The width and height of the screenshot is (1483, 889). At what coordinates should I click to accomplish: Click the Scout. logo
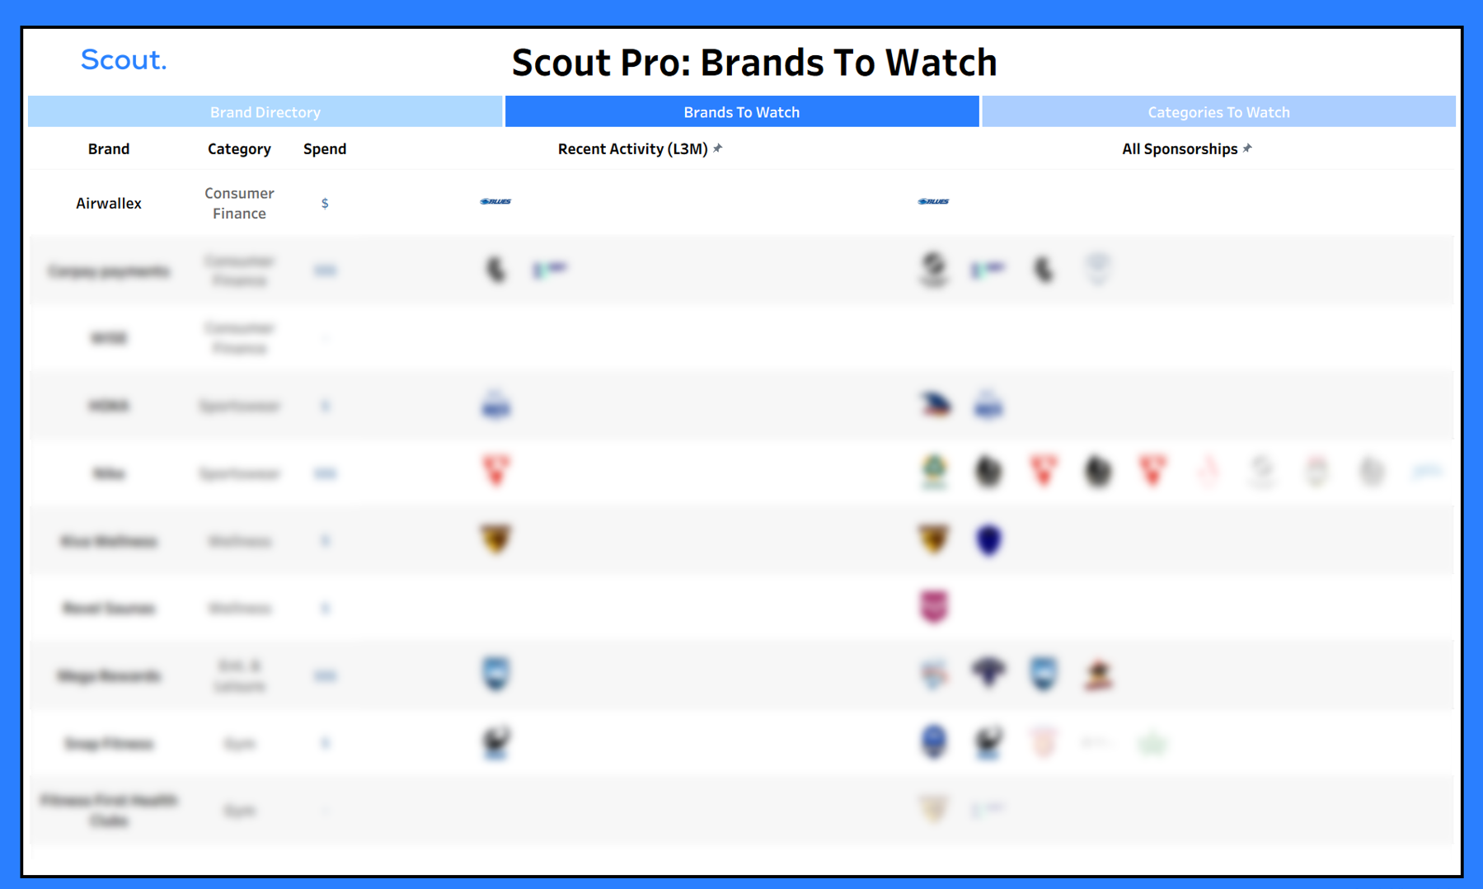[x=124, y=60]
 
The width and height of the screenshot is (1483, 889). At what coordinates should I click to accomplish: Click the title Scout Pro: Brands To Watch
[x=753, y=63]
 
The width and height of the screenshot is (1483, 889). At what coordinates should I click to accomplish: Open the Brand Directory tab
[x=265, y=112]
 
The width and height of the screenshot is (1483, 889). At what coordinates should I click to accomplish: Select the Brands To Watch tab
[x=741, y=112]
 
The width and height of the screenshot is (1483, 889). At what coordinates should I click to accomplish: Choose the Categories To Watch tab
[x=1218, y=112]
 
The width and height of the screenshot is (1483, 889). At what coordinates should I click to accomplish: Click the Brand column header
[x=109, y=149]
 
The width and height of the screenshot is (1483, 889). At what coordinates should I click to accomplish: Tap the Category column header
[x=239, y=149]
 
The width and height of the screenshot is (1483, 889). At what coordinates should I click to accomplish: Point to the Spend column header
[x=325, y=149]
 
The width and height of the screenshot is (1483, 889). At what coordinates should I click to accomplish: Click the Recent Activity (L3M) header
[x=632, y=149]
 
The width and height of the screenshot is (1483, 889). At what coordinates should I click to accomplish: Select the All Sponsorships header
[x=1179, y=149]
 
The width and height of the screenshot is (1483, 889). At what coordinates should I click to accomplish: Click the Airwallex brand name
[x=109, y=203]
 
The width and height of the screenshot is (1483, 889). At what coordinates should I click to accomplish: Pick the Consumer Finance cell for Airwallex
[x=239, y=203]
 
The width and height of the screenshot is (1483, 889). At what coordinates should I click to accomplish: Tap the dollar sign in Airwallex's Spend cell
[x=325, y=204]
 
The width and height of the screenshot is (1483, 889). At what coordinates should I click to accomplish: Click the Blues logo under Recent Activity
[x=495, y=201]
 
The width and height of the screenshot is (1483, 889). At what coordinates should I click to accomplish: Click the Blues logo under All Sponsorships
[x=933, y=201]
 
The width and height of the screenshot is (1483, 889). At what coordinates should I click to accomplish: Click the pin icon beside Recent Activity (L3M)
[x=718, y=148]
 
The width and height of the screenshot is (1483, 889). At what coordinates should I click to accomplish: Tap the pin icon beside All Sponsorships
[x=1247, y=148]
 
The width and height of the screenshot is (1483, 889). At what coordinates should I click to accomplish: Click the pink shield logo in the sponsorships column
[x=934, y=607]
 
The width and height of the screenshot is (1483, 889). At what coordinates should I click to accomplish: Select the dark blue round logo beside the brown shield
[x=988, y=540]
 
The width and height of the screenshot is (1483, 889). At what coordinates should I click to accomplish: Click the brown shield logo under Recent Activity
[x=495, y=539]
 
